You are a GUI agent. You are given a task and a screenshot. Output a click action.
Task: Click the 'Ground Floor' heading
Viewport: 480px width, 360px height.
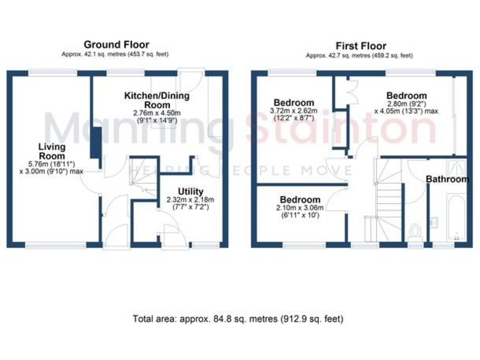pyautogui.click(x=116, y=44)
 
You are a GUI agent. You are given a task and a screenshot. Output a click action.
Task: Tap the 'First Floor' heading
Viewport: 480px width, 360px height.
pyautogui.click(x=361, y=46)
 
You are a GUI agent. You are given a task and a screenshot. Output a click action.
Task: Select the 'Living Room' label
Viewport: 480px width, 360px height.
pyautogui.click(x=52, y=151)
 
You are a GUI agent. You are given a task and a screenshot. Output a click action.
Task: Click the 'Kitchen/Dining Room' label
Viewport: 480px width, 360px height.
pyautogui.click(x=148, y=100)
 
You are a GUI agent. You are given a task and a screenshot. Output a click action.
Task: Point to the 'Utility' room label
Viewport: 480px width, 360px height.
pyautogui.click(x=190, y=191)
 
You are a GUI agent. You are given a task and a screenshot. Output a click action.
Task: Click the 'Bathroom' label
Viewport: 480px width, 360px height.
pyautogui.click(x=447, y=179)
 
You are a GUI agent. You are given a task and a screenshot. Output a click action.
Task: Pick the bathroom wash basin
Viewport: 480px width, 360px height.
pyautogui.click(x=434, y=221)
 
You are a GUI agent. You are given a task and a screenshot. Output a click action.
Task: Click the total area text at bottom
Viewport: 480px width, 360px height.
pyautogui.click(x=238, y=319)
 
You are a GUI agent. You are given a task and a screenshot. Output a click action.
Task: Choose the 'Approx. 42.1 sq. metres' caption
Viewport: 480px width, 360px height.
pyautogui.click(x=116, y=55)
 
